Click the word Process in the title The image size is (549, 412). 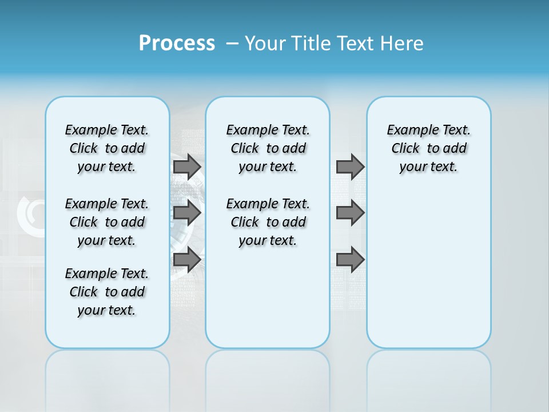(177, 43)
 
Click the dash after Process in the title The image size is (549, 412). (232, 43)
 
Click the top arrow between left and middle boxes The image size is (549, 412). (187, 167)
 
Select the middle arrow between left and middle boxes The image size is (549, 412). (187, 213)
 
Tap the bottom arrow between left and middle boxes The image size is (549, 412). (187, 260)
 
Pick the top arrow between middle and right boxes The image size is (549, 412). (350, 167)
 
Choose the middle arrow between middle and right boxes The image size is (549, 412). (350, 213)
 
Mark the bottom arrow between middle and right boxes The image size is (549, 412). (350, 260)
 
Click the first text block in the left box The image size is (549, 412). (107, 148)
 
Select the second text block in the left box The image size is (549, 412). (107, 222)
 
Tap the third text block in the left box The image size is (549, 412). (107, 292)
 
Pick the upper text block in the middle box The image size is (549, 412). (268, 148)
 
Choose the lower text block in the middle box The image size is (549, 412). (268, 222)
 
